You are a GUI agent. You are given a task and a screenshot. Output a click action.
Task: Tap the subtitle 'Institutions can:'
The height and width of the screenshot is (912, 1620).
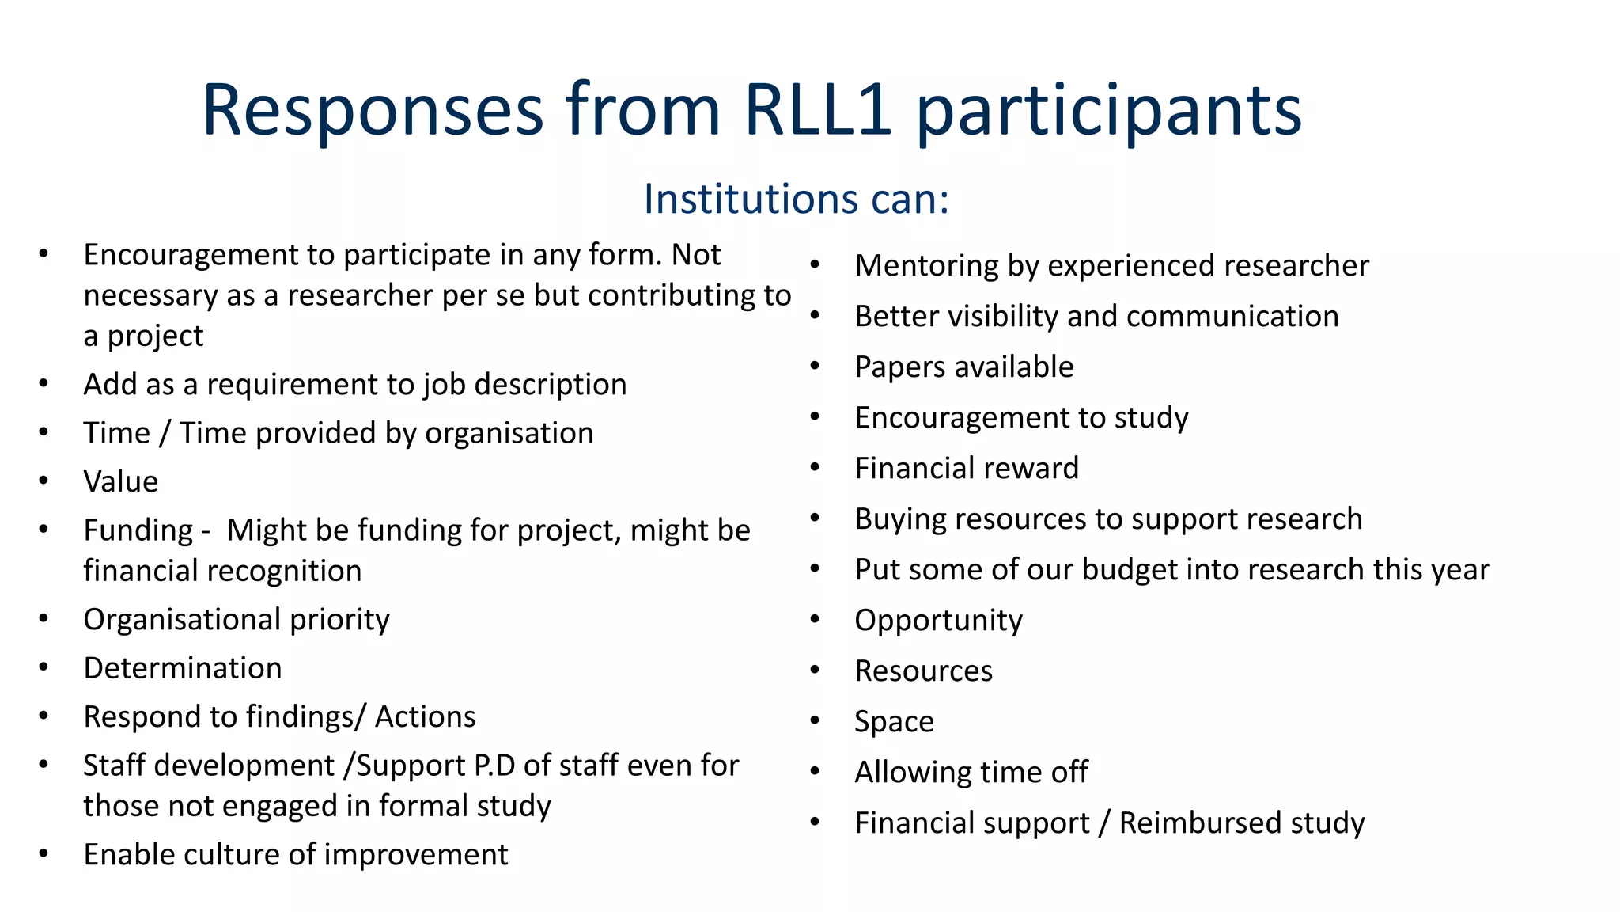pyautogui.click(x=796, y=199)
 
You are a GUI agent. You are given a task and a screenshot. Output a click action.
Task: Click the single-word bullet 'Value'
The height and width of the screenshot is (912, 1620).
pyautogui.click(x=121, y=481)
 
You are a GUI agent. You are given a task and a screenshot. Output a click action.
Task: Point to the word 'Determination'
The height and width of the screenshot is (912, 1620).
pyautogui.click(x=183, y=668)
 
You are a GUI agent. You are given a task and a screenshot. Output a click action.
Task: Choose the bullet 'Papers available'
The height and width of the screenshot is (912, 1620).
pyautogui.click(x=963, y=367)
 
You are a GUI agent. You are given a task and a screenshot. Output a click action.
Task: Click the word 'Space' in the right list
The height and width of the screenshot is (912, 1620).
pyautogui.click(x=894, y=722)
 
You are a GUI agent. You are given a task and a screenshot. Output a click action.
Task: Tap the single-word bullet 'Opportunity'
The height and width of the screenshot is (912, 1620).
pyautogui.click(x=938, y=621)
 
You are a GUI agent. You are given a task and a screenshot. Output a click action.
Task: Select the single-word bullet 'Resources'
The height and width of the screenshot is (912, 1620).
pyautogui.click(x=923, y=671)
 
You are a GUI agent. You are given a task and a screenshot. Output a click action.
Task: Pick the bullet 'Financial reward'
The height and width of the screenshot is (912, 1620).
pyautogui.click(x=967, y=469)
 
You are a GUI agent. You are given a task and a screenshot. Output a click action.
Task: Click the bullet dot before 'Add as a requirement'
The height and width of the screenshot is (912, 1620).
pyautogui.click(x=44, y=384)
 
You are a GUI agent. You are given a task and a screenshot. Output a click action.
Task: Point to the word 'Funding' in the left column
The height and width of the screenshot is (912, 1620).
pyautogui.click(x=138, y=530)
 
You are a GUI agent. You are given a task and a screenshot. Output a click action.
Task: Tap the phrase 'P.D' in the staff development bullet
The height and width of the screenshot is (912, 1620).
pyautogui.click(x=494, y=766)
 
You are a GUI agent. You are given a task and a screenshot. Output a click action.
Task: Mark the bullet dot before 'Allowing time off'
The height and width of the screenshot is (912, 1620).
pyautogui.click(x=815, y=771)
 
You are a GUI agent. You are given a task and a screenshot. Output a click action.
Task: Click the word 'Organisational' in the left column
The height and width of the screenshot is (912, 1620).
pyautogui.click(x=182, y=620)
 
